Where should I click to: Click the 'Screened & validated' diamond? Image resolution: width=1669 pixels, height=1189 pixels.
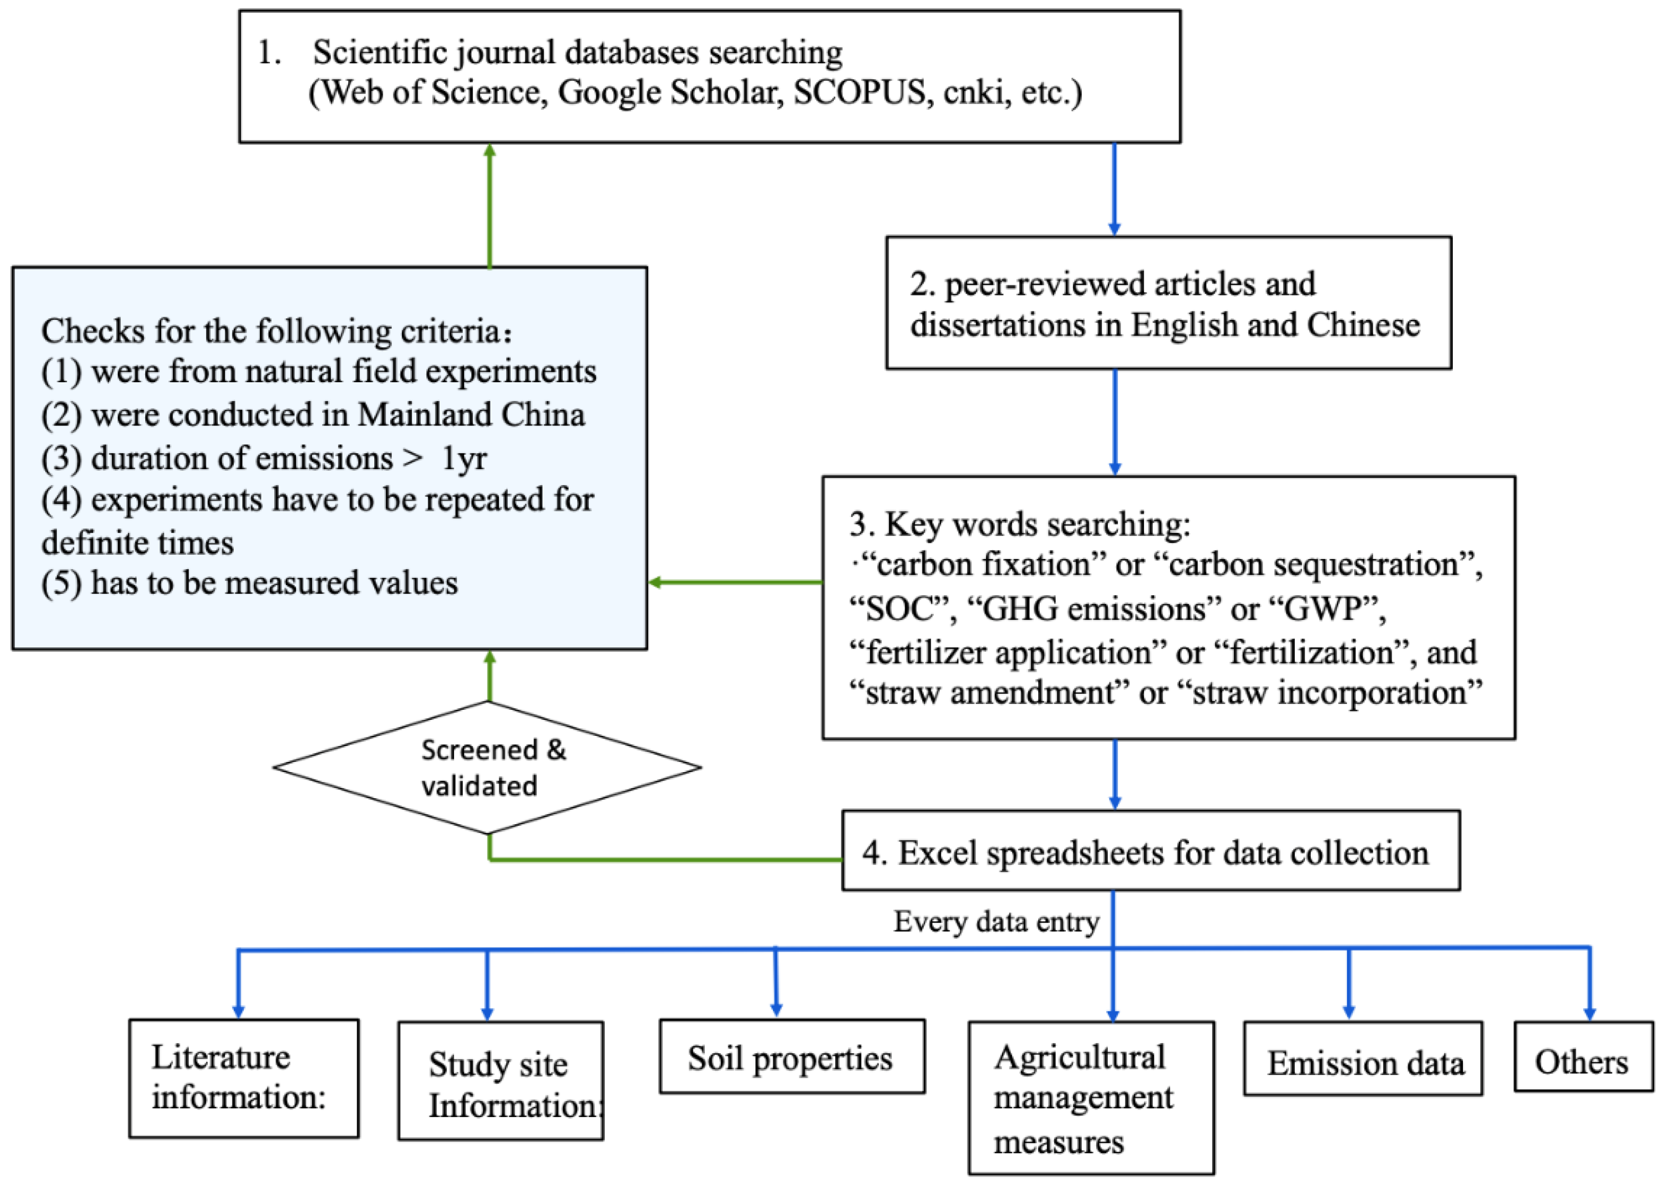click(x=488, y=767)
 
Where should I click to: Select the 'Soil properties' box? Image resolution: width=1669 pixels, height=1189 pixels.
click(x=791, y=1057)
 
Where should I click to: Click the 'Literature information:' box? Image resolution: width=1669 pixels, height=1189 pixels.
click(x=244, y=1078)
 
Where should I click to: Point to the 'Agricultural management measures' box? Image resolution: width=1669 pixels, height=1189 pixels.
click(x=1091, y=1098)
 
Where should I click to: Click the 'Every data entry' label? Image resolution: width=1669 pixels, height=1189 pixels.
click(x=996, y=922)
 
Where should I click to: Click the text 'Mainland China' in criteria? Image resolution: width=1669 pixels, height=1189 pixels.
click(x=472, y=414)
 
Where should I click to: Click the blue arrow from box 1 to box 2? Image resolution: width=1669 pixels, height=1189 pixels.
click(x=1114, y=189)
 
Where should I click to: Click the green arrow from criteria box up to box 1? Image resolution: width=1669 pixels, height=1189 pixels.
click(x=490, y=205)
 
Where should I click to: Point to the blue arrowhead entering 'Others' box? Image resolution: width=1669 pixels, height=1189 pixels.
click(x=1589, y=1013)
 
